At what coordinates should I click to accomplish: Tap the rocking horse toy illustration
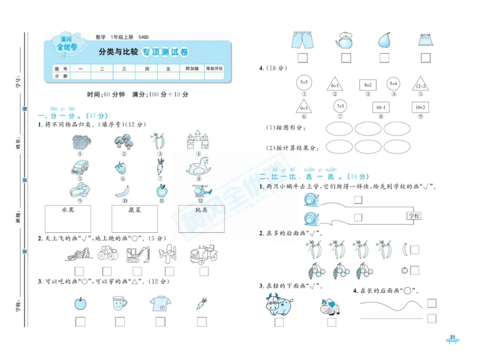pyautogui.click(x=199, y=167)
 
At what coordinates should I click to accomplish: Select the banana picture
pyautogui.click(x=122, y=190)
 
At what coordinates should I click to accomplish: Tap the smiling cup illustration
pyautogui.click(x=119, y=303)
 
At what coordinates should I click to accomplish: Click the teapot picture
pyautogui.click(x=344, y=40)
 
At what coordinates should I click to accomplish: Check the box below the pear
pyautogui.click(x=385, y=59)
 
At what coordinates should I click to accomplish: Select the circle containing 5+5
pyautogui.click(x=304, y=82)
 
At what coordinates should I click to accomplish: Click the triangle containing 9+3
pyautogui.click(x=304, y=106)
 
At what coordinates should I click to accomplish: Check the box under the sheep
pyautogui.click(x=331, y=323)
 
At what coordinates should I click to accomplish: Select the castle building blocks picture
pyautogui.click(x=199, y=141)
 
